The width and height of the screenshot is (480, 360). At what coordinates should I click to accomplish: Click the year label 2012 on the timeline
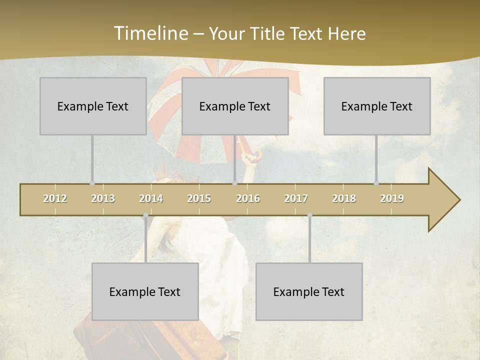[x=55, y=198]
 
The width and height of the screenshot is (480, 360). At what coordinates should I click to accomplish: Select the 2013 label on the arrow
[x=103, y=198]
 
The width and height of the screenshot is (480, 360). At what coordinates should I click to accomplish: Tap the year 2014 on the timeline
[x=151, y=198]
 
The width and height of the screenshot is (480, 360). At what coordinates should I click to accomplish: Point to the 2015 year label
[x=199, y=198]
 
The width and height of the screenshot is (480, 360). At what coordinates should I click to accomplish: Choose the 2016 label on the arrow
[x=248, y=198]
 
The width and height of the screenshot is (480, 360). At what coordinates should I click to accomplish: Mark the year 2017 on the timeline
[x=296, y=198]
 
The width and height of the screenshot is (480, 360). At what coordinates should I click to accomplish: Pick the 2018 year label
[x=344, y=198]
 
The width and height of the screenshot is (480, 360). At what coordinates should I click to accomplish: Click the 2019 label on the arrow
[x=392, y=198]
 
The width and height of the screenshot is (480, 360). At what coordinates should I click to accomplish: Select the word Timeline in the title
[x=150, y=33]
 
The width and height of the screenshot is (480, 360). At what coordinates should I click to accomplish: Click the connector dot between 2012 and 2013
[x=92, y=183]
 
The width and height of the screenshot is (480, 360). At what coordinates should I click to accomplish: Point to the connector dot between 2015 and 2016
[x=234, y=183]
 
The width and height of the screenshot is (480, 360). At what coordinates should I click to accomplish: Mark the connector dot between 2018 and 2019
[x=376, y=183]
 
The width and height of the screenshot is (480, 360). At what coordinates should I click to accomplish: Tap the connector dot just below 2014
[x=145, y=215]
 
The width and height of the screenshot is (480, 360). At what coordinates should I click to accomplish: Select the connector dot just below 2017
[x=309, y=215]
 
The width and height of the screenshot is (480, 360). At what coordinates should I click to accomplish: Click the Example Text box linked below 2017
[x=309, y=291]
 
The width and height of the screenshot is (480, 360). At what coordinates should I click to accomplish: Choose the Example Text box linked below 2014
[x=145, y=291]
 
